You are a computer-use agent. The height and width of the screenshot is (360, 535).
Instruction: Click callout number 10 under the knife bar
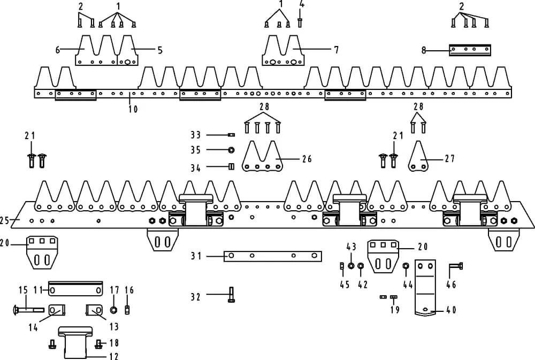[133, 109]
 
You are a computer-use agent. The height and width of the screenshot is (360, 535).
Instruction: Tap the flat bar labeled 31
[272, 256]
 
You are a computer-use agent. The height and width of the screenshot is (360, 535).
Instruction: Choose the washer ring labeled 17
[114, 310]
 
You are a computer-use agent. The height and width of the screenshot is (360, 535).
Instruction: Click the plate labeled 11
[75, 289]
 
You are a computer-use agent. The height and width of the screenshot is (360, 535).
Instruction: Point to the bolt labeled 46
[455, 265]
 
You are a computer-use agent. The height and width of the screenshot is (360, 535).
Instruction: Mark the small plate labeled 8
[470, 50]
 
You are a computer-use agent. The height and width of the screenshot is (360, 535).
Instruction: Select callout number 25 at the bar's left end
[4, 219]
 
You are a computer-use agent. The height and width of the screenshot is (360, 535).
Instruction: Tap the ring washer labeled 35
[231, 149]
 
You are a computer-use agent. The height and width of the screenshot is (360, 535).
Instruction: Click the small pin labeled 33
[232, 135]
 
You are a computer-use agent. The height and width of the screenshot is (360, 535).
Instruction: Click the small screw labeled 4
[300, 22]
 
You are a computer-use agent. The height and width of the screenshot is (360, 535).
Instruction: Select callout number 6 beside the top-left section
[57, 50]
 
